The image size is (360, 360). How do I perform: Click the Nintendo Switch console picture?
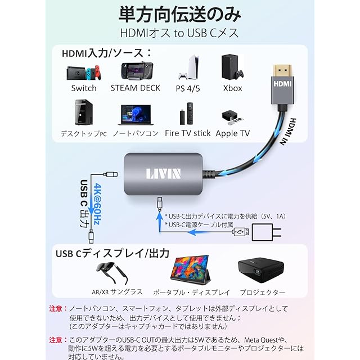pyautogui.click(x=84, y=72)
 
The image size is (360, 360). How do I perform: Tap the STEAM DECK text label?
pyautogui.click(x=135, y=88)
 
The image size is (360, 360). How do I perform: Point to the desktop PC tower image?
pyautogui.click(x=83, y=113)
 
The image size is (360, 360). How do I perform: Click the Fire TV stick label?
pyautogui.click(x=188, y=133)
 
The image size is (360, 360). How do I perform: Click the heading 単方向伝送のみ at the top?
pyautogui.click(x=179, y=13)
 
